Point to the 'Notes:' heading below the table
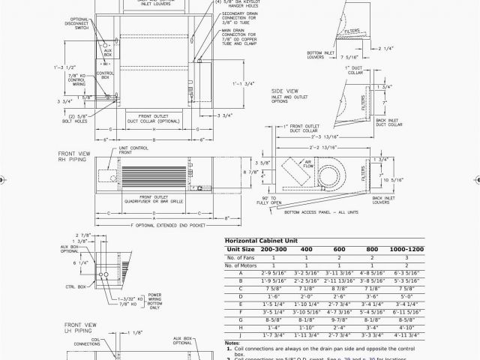[x=232, y=343]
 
